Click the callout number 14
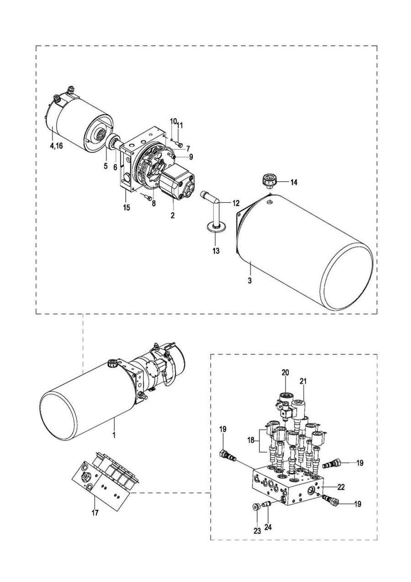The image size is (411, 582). click(x=294, y=182)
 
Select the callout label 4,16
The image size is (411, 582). click(x=56, y=146)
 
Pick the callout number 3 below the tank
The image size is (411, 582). click(x=250, y=281)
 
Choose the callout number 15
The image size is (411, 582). click(x=126, y=208)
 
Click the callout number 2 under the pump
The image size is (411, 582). click(x=173, y=215)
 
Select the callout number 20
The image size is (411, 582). click(x=285, y=373)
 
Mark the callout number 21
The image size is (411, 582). click(x=303, y=381)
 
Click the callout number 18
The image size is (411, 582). click(x=251, y=441)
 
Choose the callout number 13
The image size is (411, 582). click(x=216, y=251)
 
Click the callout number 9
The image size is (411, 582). click(x=191, y=157)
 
